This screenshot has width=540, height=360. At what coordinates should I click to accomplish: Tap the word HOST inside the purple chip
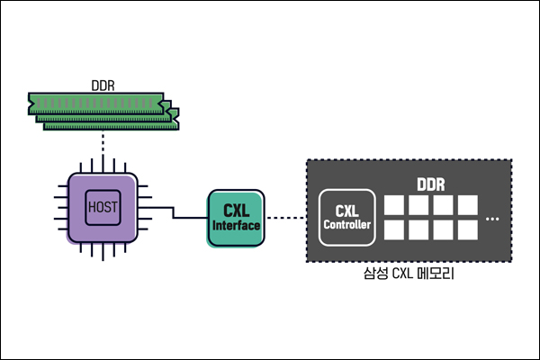tap(103, 207)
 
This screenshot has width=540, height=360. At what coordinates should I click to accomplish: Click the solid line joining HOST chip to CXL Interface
tap(175, 214)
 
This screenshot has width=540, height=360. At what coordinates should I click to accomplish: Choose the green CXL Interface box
tap(235, 219)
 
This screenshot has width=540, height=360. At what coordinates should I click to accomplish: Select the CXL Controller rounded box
tap(346, 218)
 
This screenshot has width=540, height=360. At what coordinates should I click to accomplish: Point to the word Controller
tap(346, 225)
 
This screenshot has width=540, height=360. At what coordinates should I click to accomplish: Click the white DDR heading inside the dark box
tap(430, 185)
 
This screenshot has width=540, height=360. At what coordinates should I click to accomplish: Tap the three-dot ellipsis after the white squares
tap(492, 219)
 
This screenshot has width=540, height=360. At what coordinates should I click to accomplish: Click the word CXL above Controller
tap(346, 211)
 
